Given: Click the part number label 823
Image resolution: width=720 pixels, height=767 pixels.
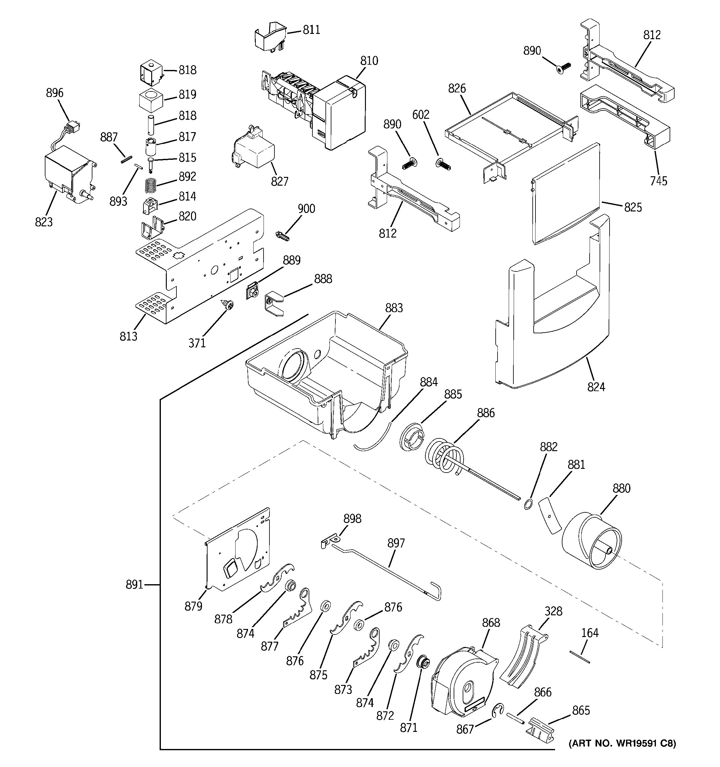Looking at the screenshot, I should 44,222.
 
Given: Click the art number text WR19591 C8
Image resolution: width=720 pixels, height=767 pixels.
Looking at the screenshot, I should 622,743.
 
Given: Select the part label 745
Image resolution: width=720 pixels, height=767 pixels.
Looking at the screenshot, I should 658,181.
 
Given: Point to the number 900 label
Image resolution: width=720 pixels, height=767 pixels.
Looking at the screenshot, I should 306,209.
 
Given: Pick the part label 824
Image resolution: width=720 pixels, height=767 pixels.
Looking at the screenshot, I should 596,386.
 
